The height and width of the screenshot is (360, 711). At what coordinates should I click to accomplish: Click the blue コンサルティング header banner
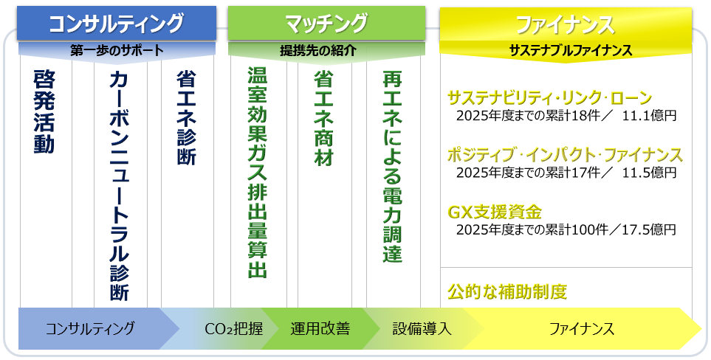pyautogui.click(x=117, y=23)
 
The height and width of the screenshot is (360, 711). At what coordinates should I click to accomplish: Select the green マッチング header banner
pyautogui.click(x=326, y=23)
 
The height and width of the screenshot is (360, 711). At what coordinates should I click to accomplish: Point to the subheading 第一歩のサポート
pyautogui.click(x=117, y=51)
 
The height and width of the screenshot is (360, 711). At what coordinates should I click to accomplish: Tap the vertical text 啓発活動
pyautogui.click(x=44, y=112)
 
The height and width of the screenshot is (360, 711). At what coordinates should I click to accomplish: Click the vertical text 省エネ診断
pyautogui.click(x=186, y=118)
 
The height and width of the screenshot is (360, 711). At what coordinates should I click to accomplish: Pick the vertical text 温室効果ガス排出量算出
pyautogui.click(x=257, y=173)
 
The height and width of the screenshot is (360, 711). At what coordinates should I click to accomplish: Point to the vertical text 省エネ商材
pyautogui.click(x=324, y=118)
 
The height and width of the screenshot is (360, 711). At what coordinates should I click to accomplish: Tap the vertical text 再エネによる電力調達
pyautogui.click(x=392, y=166)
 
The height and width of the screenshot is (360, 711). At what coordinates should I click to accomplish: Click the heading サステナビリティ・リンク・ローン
pyautogui.click(x=549, y=98)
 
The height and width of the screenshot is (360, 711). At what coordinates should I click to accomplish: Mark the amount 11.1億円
pyautogui.click(x=649, y=116)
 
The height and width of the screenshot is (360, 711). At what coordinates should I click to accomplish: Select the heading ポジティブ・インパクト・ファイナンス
pyautogui.click(x=565, y=155)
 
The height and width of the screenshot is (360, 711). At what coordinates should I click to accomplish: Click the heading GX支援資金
pyautogui.click(x=495, y=212)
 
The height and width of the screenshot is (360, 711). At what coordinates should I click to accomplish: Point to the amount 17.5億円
pyautogui.click(x=649, y=229)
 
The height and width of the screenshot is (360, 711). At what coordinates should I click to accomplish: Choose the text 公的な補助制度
pyautogui.click(x=507, y=291)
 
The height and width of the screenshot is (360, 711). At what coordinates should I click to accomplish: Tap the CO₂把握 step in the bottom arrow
pyautogui.click(x=233, y=328)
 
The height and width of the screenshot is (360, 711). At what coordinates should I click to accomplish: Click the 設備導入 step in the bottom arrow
pyautogui.click(x=422, y=328)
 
